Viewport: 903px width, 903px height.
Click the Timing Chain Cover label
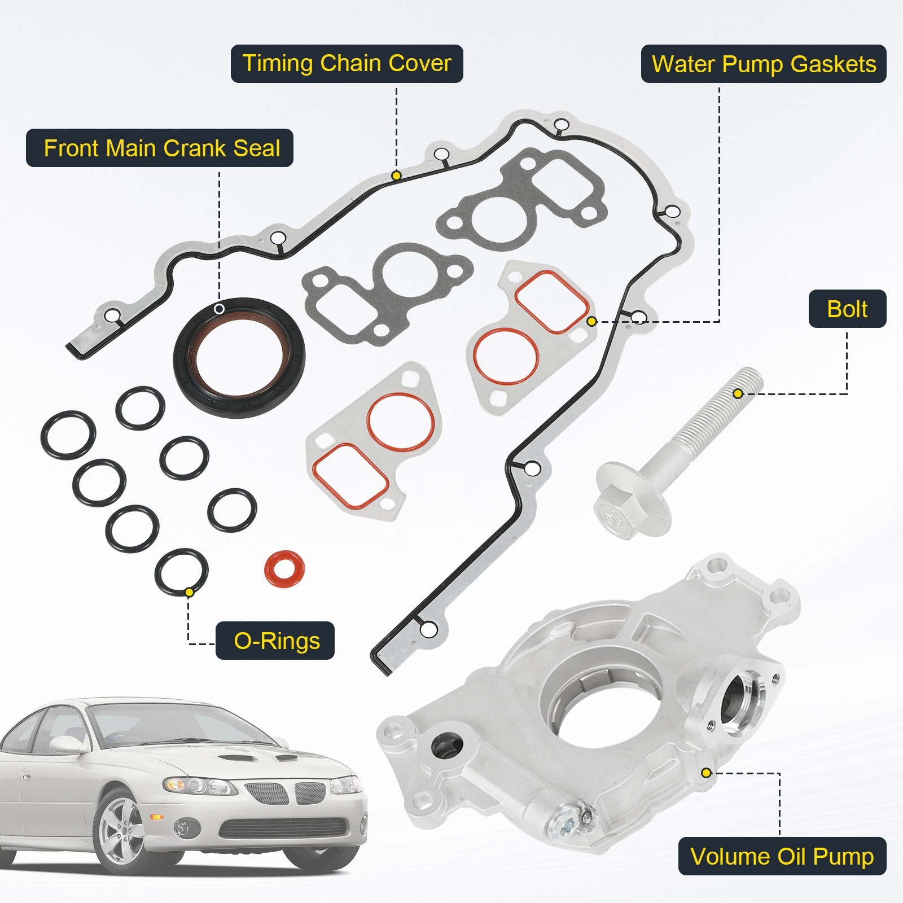click(347, 64)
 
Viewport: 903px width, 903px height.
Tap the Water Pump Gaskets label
click(763, 64)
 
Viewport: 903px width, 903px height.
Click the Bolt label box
click(847, 309)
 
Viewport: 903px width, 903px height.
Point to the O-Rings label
click(275, 641)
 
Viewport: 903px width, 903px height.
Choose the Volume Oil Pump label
click(782, 856)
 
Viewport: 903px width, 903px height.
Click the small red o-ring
click(284, 569)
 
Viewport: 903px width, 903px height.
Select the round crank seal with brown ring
click(239, 357)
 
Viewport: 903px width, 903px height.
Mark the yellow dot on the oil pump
click(705, 773)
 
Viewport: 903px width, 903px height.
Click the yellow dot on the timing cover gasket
click(396, 176)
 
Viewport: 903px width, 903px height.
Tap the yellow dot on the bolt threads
click(738, 393)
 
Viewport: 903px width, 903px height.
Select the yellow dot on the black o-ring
click(190, 592)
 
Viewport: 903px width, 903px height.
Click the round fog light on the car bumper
click(182, 828)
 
